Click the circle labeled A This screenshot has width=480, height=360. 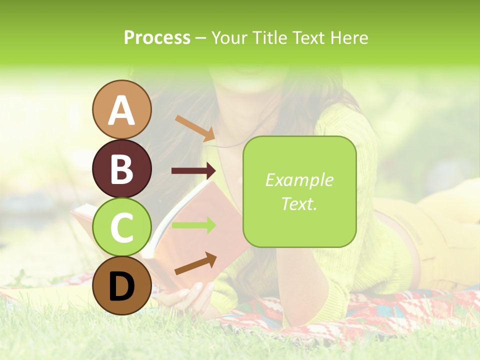(122, 109)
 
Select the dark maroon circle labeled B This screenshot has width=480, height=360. (122, 168)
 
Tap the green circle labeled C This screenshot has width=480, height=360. (122, 227)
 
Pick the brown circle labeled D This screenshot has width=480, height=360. (122, 285)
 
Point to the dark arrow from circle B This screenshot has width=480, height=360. (193, 171)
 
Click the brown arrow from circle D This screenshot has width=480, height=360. (195, 263)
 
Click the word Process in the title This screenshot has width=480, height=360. (157, 37)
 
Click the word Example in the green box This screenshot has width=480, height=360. (299, 180)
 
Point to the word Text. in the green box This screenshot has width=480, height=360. (299, 203)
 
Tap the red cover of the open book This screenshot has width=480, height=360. (200, 235)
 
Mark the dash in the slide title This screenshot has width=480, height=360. (201, 38)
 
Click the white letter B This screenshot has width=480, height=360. (122, 168)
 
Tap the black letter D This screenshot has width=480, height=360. (122, 286)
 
